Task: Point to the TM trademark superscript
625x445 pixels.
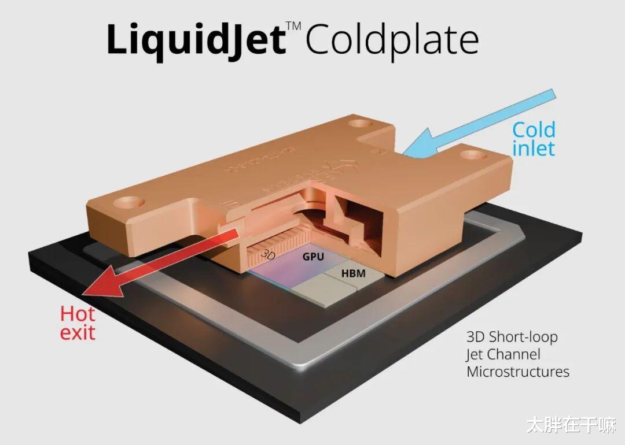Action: click(x=295, y=24)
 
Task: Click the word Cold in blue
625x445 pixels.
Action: click(x=533, y=130)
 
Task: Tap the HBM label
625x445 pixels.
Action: click(x=353, y=273)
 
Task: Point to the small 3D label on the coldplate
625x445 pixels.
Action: click(x=269, y=254)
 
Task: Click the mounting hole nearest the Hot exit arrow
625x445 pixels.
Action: click(x=128, y=202)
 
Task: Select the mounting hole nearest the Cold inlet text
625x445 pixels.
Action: click(x=473, y=155)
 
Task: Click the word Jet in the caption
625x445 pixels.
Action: click(x=475, y=354)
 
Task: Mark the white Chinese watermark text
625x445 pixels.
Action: click(x=571, y=427)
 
